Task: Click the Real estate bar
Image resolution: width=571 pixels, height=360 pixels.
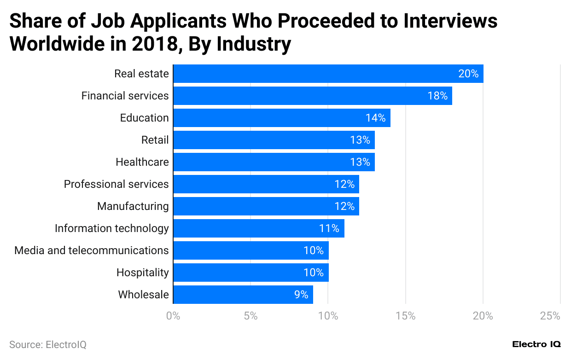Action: (x=328, y=74)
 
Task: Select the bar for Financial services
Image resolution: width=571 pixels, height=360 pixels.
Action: (x=312, y=96)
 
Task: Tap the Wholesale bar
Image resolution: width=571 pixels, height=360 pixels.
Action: (x=243, y=295)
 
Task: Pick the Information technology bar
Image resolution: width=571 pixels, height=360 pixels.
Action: (x=258, y=228)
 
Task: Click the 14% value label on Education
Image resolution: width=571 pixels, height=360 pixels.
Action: (x=375, y=118)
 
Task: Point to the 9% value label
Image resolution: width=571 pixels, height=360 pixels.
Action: (x=301, y=295)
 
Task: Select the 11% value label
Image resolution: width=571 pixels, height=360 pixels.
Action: (x=329, y=228)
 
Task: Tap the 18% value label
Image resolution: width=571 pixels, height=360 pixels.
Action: (x=437, y=96)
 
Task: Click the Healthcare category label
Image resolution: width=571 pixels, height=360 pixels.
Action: (x=142, y=162)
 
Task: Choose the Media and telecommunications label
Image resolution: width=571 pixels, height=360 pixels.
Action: (x=91, y=250)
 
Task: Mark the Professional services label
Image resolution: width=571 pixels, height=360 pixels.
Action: (x=116, y=184)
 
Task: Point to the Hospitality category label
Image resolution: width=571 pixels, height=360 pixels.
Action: (x=142, y=273)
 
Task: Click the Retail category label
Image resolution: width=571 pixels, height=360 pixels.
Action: (x=155, y=140)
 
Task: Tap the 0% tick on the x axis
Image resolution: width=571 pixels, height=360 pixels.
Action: (x=173, y=316)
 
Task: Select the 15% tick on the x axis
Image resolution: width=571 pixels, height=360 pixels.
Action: (x=405, y=316)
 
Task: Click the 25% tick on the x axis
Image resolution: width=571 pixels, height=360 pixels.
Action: (x=550, y=316)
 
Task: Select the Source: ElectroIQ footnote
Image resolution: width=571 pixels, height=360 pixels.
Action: (x=47, y=344)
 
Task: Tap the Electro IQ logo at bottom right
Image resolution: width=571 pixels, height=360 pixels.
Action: (x=536, y=344)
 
